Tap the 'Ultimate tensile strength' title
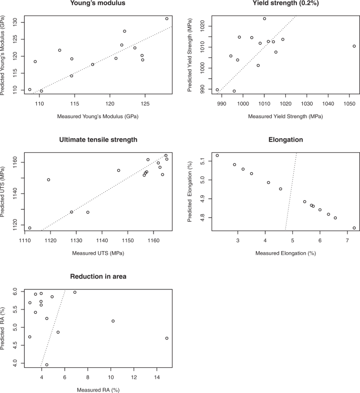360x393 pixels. [x=99, y=139]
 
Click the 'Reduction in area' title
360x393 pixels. [x=99, y=276]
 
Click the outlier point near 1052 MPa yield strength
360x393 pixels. [x=354, y=46]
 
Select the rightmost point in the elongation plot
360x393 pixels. [x=354, y=228]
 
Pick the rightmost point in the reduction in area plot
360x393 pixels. [x=167, y=338]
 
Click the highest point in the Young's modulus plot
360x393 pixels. [x=167, y=18]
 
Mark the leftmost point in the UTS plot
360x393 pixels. [x=29, y=228]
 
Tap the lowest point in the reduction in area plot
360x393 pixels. [x=47, y=365]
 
